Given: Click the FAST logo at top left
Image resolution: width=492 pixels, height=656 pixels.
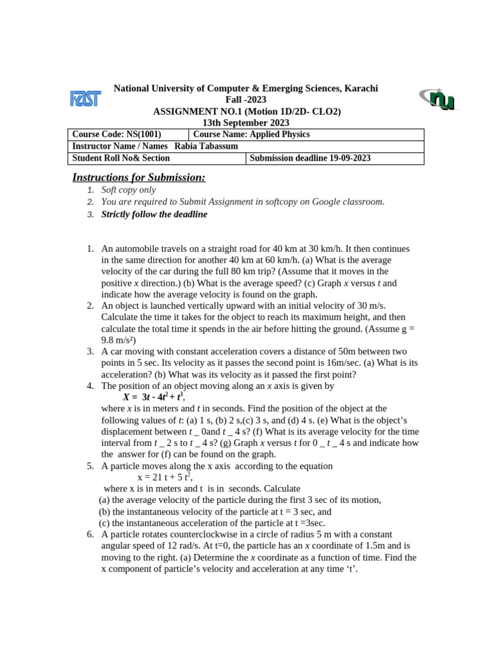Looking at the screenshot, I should [x=85, y=99].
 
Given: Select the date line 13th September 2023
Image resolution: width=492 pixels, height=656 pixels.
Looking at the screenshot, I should [x=246, y=122].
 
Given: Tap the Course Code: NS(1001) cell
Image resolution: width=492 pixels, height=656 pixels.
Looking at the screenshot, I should [x=117, y=135].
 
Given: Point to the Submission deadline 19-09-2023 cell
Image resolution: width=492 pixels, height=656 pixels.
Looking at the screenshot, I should [x=310, y=158].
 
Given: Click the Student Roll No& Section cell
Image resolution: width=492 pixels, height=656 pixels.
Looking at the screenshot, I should [x=121, y=158].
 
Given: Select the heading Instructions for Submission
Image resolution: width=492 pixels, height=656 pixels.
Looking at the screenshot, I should [x=139, y=177].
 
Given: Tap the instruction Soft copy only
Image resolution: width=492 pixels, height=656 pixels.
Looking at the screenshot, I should [x=128, y=190].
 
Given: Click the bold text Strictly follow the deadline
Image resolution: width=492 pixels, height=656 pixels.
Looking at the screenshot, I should [x=154, y=214].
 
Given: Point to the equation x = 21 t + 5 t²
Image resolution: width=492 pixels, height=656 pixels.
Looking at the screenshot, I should [x=165, y=477].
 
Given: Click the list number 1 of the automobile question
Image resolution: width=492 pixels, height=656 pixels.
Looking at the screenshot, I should [x=90, y=249].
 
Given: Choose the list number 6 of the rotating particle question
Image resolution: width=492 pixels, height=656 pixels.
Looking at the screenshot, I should [x=90, y=534].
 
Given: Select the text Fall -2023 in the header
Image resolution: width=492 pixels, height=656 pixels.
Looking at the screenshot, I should [x=246, y=100].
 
